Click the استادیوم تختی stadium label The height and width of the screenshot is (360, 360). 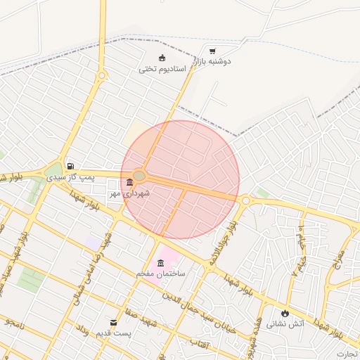click(x=161, y=69)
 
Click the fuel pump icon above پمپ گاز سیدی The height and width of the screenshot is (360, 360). click(x=70, y=167)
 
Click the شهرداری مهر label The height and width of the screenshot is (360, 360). click(x=129, y=193)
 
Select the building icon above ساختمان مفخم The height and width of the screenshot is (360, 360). click(x=162, y=263)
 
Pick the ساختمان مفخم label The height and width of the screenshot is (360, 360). click(x=161, y=274)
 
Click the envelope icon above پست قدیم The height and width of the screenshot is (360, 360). click(x=114, y=323)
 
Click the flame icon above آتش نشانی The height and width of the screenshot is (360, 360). click(x=285, y=313)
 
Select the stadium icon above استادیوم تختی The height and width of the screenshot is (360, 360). click(x=162, y=58)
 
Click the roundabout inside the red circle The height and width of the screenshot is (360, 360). click(x=139, y=176)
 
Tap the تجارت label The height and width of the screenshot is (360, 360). click(x=347, y=354)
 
